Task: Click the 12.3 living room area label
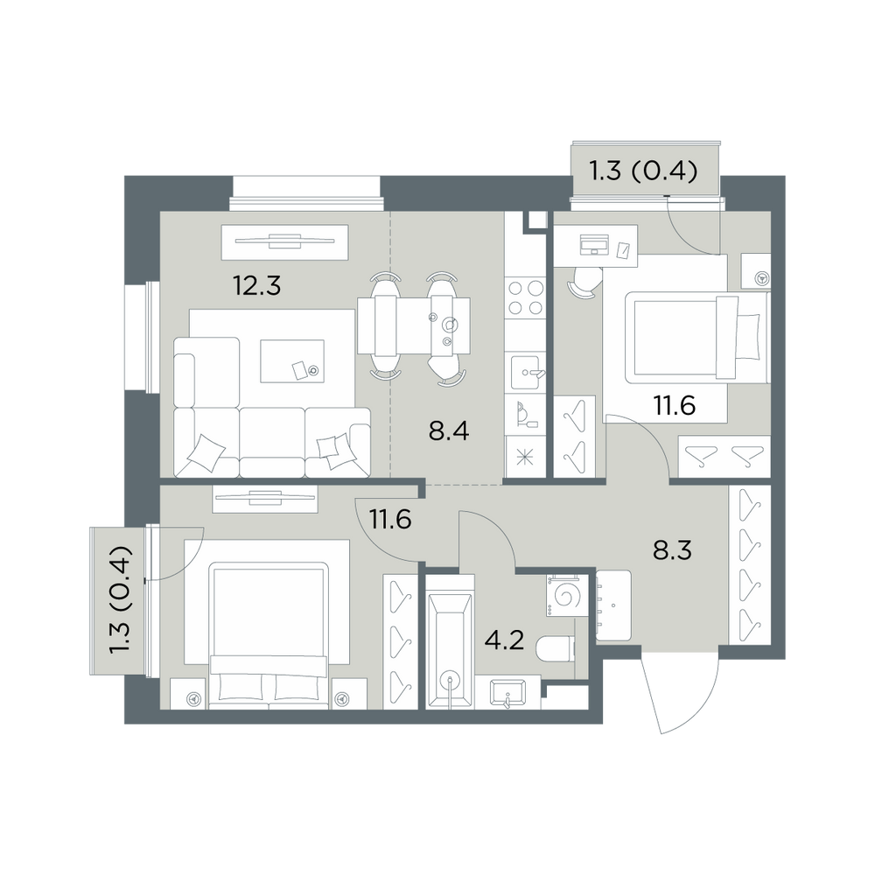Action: [256, 286]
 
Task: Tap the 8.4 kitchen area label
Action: [449, 431]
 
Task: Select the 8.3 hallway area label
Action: [672, 550]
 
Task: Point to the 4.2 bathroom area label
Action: [505, 640]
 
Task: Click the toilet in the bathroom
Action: [555, 649]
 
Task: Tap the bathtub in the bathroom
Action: [449, 651]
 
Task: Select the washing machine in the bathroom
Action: [568, 596]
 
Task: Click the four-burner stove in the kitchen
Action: [524, 298]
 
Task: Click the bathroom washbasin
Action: [507, 694]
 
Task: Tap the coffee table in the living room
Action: [292, 361]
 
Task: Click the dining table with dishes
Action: [414, 325]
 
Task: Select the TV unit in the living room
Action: [284, 242]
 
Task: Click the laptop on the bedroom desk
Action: [595, 244]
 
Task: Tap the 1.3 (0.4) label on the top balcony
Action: [644, 171]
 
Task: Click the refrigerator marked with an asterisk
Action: [525, 457]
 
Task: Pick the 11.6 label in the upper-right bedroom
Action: [675, 405]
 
